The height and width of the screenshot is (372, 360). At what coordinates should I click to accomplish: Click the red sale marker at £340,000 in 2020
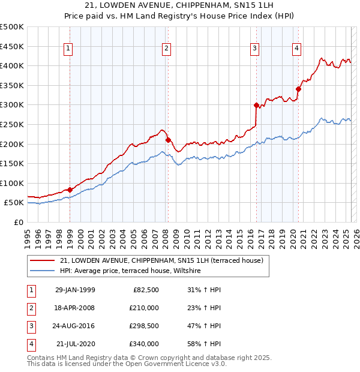click(298, 89)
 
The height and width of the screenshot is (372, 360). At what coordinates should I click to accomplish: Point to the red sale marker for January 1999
click(70, 190)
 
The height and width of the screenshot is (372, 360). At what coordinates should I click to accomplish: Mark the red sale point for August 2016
click(256, 106)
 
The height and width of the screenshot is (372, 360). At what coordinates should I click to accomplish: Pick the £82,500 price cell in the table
click(146, 290)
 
